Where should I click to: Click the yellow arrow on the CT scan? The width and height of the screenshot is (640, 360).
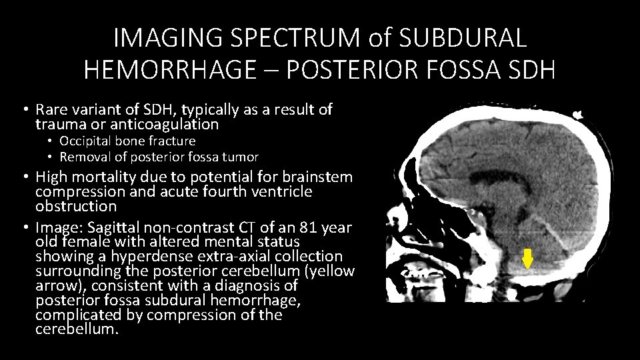pyautogui.click(x=527, y=258)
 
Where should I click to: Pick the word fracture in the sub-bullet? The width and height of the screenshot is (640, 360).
pyautogui.click(x=173, y=141)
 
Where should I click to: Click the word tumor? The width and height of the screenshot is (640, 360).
pyautogui.click(x=241, y=157)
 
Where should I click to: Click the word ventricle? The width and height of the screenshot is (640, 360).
pyautogui.click(x=285, y=191)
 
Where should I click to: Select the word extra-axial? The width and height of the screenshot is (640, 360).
pyautogui.click(x=229, y=257)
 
